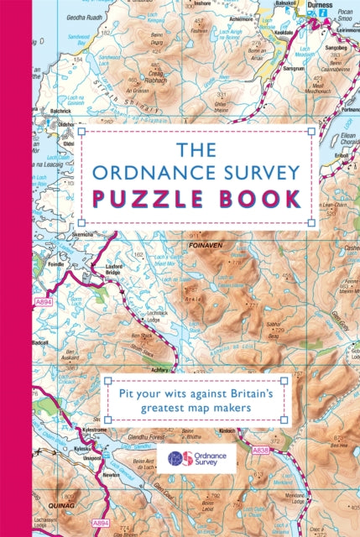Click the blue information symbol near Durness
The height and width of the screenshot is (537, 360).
(336, 14)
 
